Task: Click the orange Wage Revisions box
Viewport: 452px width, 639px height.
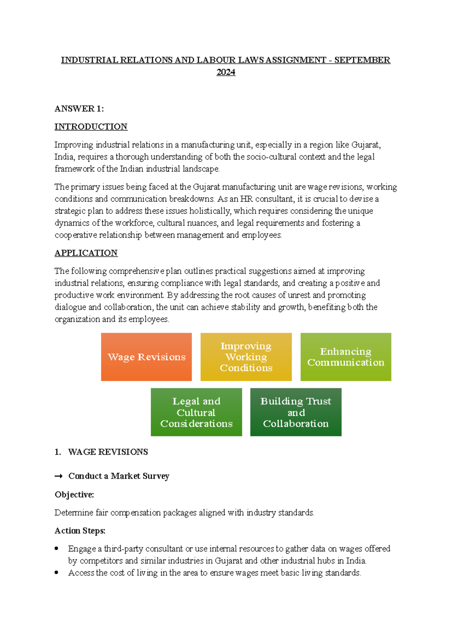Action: [x=146, y=357]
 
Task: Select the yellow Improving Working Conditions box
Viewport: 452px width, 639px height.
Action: [x=246, y=357]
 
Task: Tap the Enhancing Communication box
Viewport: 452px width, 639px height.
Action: [x=345, y=357]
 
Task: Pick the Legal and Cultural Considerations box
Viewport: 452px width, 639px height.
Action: [x=196, y=412]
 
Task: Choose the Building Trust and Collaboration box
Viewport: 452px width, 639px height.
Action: [x=296, y=412]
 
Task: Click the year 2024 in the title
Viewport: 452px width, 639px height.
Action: [x=226, y=72]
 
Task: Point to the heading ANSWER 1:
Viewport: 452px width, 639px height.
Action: [x=79, y=109]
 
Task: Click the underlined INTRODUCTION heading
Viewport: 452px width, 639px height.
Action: [x=91, y=127]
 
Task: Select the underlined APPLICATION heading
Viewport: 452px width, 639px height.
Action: [x=86, y=253]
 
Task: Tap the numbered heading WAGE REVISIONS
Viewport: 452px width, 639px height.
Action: [x=108, y=452]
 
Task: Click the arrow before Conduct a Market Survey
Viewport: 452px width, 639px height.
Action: [x=58, y=476]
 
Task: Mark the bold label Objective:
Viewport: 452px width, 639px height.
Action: [x=74, y=495]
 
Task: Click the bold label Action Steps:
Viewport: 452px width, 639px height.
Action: [x=80, y=531]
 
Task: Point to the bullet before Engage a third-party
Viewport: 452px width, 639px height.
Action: [x=56, y=549]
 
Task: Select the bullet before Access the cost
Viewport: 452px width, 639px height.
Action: [x=56, y=573]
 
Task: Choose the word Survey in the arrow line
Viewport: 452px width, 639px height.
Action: [x=156, y=476]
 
